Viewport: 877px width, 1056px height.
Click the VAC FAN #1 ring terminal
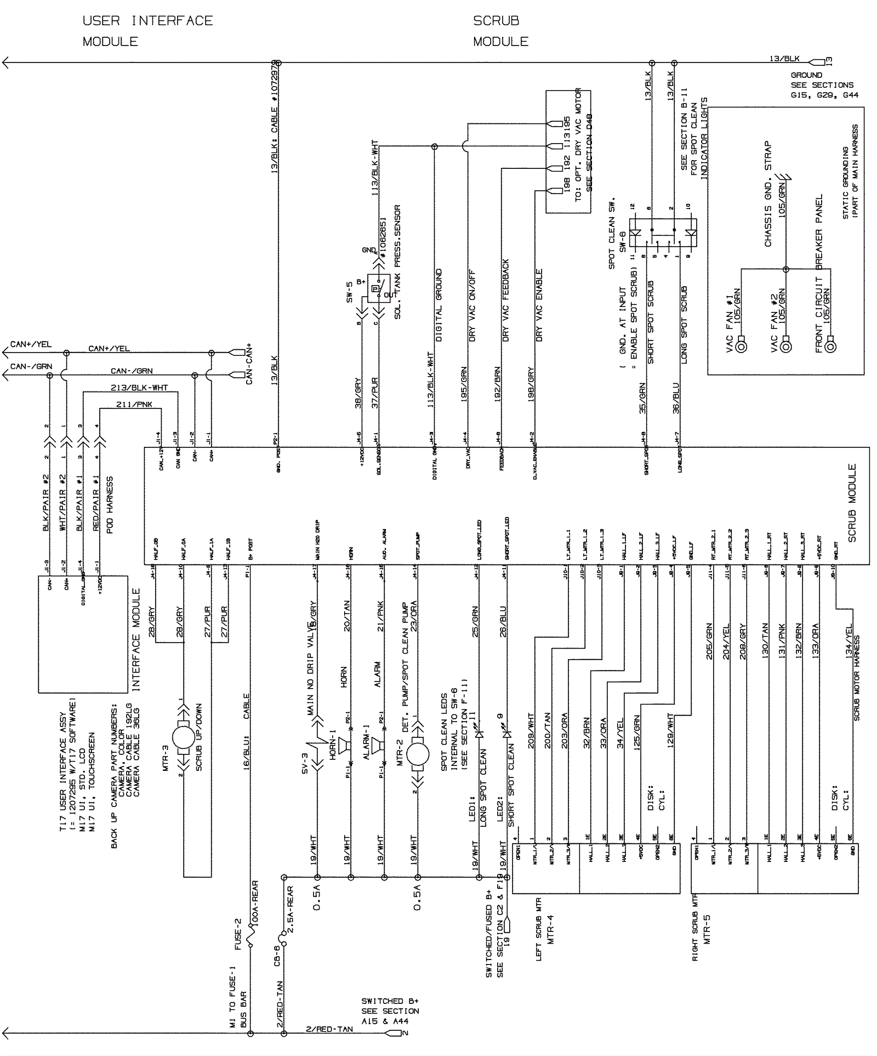point(742,346)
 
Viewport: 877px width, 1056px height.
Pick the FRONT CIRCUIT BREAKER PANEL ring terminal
point(830,346)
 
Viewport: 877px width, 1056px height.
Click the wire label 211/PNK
point(134,405)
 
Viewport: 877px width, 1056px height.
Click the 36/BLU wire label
point(676,398)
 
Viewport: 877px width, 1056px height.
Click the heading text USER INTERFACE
point(147,21)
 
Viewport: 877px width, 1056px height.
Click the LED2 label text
point(500,809)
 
